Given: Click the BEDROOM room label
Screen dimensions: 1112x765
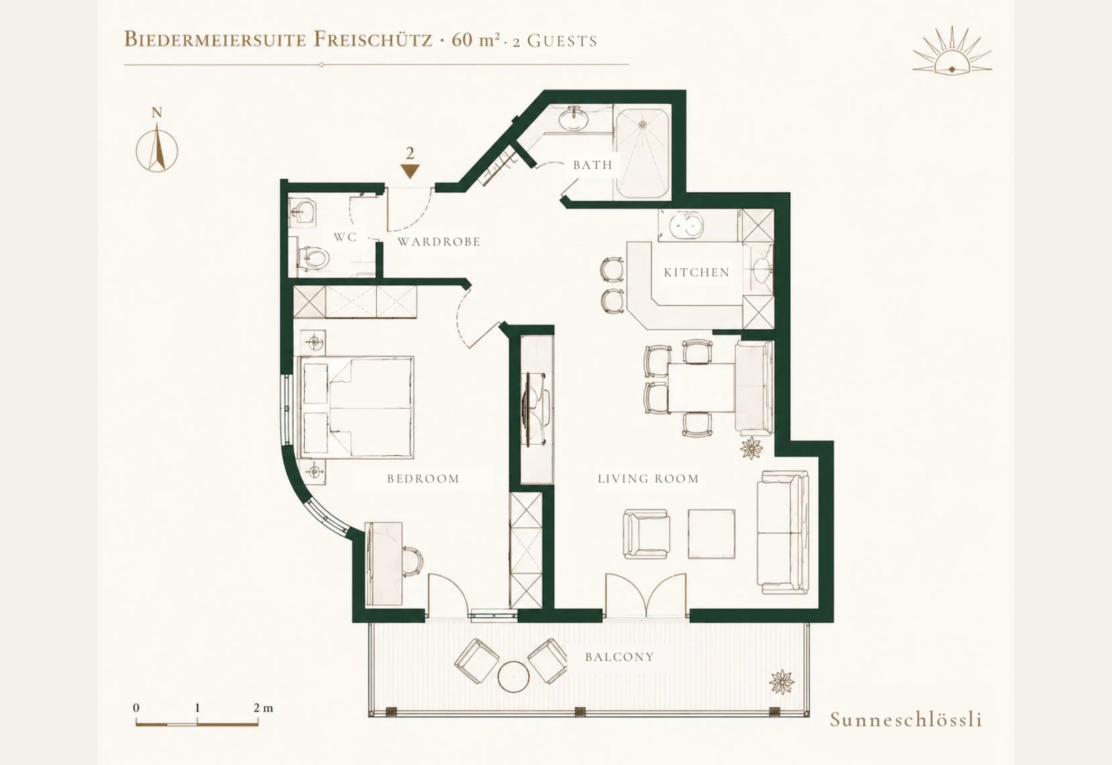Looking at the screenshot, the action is (423, 479).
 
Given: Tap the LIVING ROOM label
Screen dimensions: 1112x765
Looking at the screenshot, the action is (648, 479).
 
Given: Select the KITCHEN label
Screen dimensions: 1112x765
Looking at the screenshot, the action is (697, 273).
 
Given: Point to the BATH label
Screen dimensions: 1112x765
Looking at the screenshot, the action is (593, 165).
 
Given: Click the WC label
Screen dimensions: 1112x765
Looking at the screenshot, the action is (345, 237).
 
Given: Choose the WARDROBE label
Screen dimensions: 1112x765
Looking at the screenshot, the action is (439, 242).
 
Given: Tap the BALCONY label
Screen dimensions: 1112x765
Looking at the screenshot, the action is (619, 657).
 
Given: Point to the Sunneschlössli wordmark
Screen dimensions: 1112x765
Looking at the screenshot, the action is (906, 720).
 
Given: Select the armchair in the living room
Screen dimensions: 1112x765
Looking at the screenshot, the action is (646, 534).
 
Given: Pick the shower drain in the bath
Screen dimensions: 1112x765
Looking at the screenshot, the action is (643, 125).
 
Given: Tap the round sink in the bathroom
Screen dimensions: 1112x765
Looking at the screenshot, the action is (574, 120).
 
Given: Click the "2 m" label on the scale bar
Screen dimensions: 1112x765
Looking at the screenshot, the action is (263, 708).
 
